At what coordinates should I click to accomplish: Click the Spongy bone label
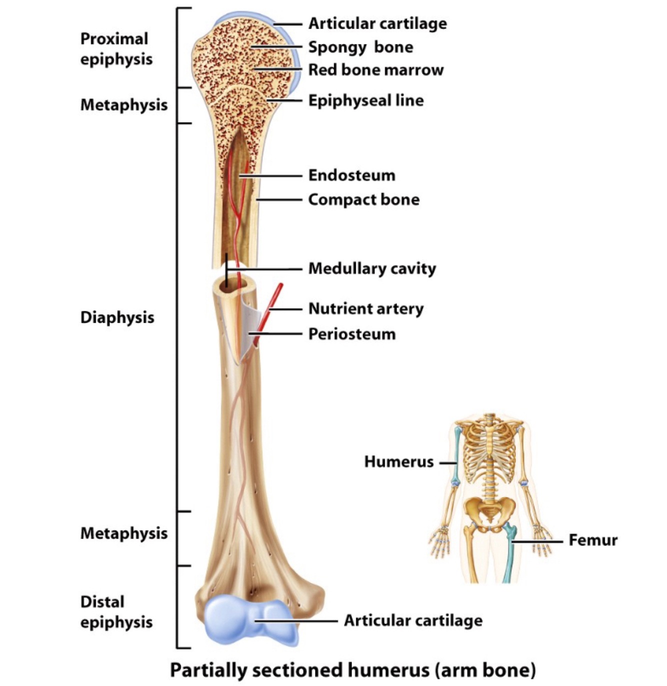[360, 47]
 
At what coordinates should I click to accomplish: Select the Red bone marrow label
[375, 70]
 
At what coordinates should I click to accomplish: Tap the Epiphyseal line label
[365, 100]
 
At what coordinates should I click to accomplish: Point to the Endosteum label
[351, 175]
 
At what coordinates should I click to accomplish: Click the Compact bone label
[363, 199]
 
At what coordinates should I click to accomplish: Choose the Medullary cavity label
[372, 268]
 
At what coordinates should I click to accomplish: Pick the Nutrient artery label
[365, 308]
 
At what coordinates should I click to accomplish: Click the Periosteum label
[351, 334]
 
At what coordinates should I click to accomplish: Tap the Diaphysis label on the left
[117, 317]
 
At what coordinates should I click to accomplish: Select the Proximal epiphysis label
[116, 49]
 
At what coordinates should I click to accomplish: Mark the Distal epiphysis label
[116, 612]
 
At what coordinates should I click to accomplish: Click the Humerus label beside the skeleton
[398, 461]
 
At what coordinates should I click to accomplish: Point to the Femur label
[592, 540]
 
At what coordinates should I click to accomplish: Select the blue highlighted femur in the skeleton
[509, 555]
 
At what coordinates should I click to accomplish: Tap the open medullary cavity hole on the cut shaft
[226, 286]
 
